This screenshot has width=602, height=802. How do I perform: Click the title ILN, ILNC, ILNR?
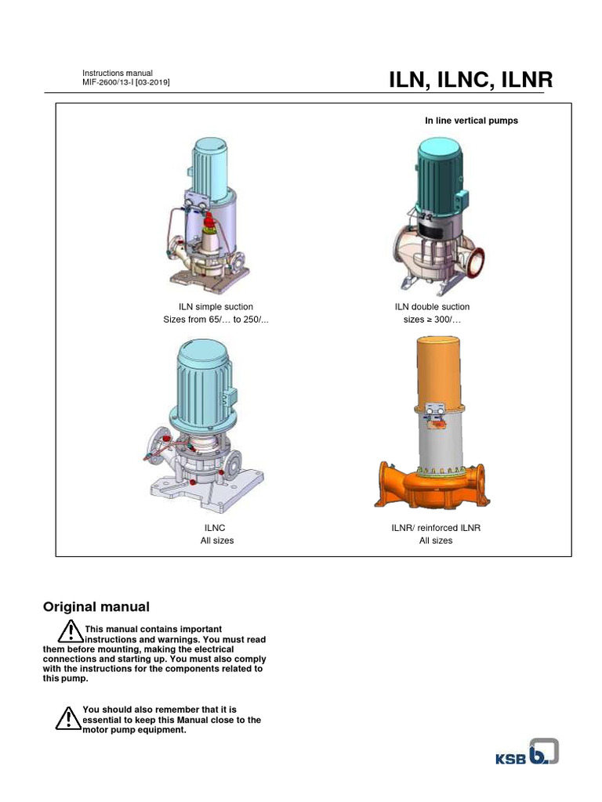(470, 80)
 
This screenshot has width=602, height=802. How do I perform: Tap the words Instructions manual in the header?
(117, 73)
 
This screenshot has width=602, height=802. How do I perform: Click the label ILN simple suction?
(216, 307)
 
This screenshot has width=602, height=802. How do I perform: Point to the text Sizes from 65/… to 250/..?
(216, 321)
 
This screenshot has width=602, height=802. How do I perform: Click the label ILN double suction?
(435, 307)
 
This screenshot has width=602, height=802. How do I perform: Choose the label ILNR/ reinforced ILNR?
(435, 528)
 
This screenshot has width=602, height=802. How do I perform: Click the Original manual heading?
(96, 607)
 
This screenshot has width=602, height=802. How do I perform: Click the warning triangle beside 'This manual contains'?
(70, 631)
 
